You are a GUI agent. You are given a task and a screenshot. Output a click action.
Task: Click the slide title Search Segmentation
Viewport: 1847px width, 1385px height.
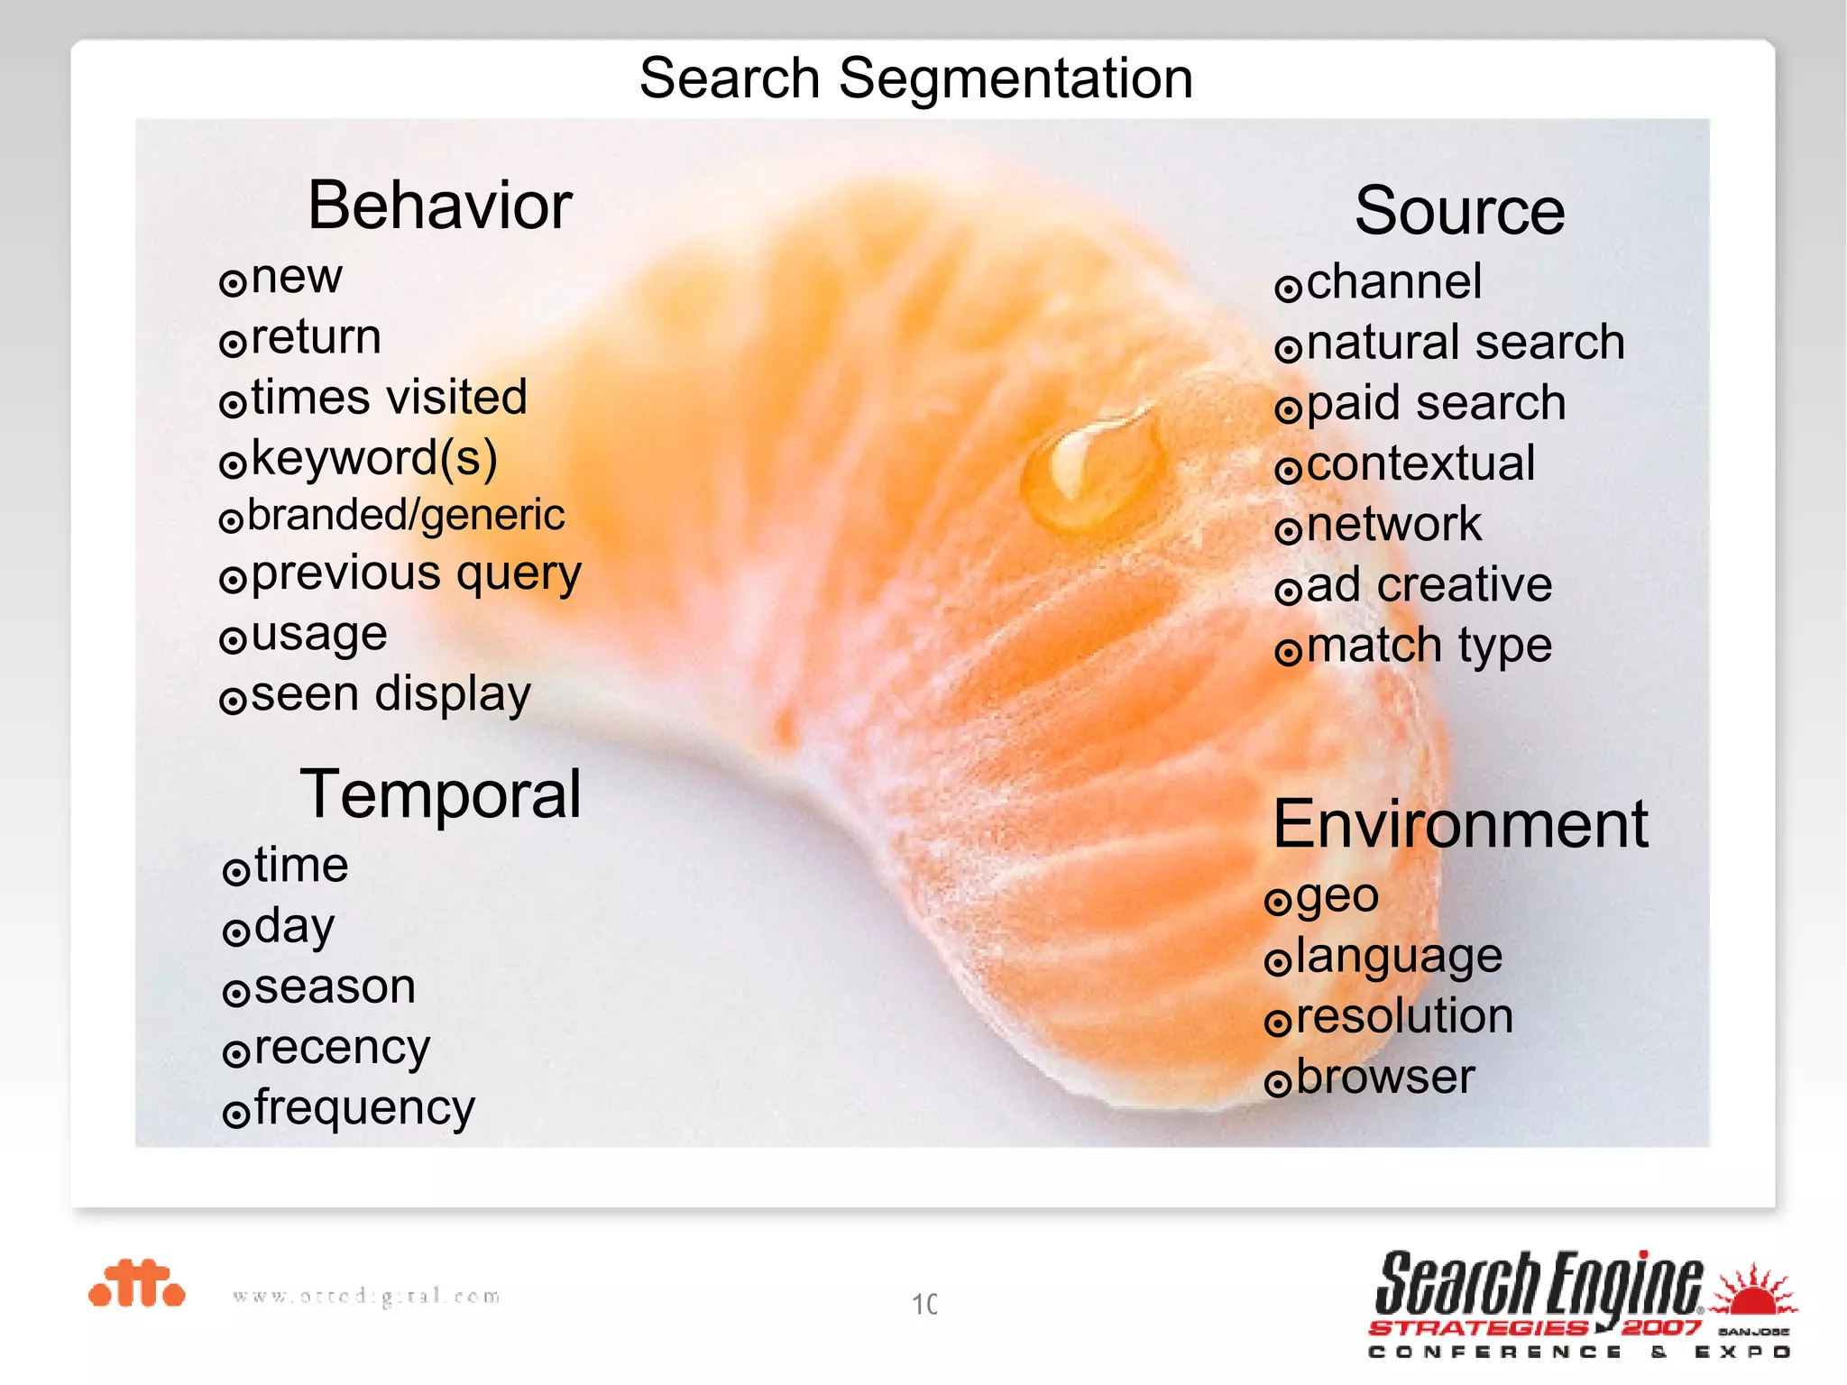[916, 78]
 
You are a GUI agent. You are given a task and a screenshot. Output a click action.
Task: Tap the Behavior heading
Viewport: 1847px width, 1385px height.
[440, 206]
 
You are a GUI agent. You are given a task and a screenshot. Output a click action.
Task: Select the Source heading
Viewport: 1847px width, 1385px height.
[1459, 211]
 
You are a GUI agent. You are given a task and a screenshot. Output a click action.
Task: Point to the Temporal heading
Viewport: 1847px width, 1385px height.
[440, 794]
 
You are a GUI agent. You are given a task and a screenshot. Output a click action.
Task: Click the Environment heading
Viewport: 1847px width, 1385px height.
[1460, 824]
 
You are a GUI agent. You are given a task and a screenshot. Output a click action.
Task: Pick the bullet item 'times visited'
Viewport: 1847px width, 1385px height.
[389, 398]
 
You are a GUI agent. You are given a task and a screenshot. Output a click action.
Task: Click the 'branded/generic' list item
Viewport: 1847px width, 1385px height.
[406, 516]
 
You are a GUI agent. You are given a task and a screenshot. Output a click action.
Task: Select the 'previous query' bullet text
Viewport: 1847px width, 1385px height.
[416, 574]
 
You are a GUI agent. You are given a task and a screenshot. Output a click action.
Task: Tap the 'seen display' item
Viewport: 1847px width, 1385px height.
[391, 694]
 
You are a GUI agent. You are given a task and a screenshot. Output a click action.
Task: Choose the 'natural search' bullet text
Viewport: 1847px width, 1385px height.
[1466, 343]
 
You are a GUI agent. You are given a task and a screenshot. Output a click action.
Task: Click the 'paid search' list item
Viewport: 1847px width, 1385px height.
[1436, 403]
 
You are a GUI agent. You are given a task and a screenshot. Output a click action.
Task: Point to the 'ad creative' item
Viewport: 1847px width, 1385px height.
[1429, 584]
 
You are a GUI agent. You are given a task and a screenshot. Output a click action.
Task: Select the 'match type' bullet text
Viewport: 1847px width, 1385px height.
[1429, 646]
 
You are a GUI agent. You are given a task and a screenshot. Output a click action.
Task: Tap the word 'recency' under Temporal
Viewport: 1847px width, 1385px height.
[342, 1048]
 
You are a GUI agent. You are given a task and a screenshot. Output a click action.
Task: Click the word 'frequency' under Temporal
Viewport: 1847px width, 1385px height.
[364, 1108]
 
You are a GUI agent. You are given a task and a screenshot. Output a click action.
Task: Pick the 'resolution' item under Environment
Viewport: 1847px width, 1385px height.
[1404, 1016]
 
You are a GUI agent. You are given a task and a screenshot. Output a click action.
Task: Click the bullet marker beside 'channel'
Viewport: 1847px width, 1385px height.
[1288, 289]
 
